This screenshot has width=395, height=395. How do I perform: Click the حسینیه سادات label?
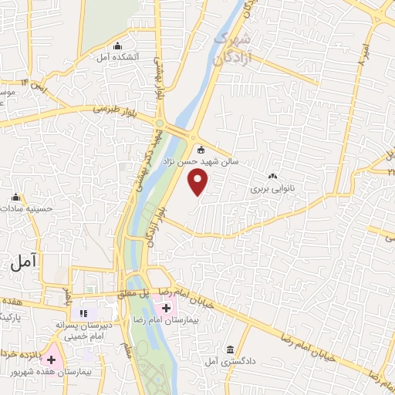(x=29, y=208)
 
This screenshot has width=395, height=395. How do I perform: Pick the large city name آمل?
(x=26, y=262)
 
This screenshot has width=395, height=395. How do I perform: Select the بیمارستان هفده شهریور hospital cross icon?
(x=52, y=360)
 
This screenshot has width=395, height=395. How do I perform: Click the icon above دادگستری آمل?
(x=231, y=349)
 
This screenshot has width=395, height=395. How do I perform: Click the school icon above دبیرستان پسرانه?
(x=85, y=314)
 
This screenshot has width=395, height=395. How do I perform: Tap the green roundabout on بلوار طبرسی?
(x=159, y=124)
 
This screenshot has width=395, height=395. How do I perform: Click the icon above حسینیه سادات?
(x=15, y=197)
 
